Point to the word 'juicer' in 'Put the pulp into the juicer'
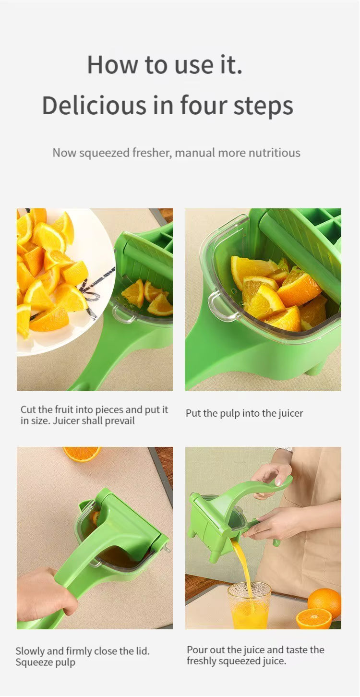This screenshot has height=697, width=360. [290, 413]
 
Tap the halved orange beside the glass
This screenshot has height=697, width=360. [313, 618]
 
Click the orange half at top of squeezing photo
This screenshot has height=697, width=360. [82, 454]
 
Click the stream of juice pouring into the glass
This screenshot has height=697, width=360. [242, 567]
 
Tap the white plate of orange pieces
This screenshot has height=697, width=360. [65, 280]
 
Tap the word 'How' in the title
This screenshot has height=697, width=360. [112, 65]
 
